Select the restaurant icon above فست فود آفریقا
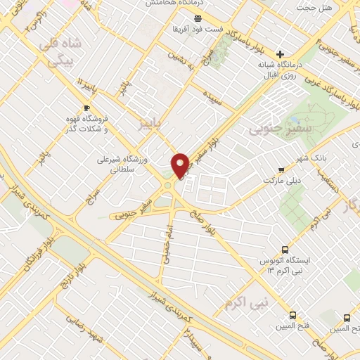(x=197, y=18)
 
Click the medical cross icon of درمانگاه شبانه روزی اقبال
(x=280, y=54)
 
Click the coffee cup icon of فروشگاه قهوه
(x=86, y=108)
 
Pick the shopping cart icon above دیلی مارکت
(x=282, y=169)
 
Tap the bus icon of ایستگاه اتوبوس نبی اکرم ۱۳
(x=285, y=250)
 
